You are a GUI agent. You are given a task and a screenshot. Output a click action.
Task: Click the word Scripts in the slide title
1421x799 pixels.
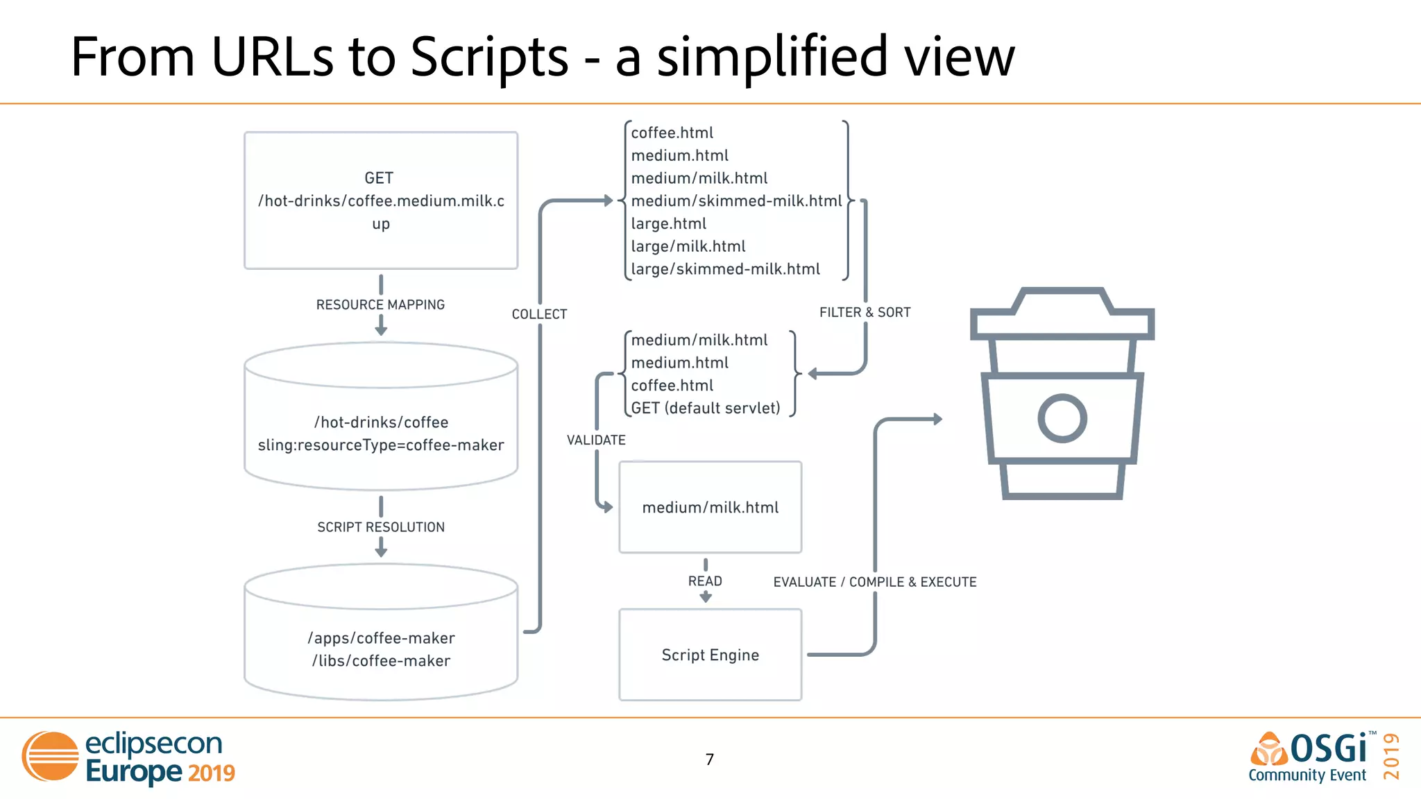coord(489,57)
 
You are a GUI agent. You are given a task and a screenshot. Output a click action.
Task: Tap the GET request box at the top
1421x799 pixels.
coord(381,200)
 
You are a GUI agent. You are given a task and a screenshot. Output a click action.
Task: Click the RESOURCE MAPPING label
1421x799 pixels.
coord(380,304)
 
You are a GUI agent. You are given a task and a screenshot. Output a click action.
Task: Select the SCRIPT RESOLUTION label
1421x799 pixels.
coord(381,527)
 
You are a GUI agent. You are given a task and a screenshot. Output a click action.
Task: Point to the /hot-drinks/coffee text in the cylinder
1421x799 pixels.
coord(381,422)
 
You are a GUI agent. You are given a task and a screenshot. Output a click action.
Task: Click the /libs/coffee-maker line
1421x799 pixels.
coord(381,661)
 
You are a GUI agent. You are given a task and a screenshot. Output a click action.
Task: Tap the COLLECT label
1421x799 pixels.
coord(539,314)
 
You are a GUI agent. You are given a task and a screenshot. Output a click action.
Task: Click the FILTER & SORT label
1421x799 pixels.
coord(865,312)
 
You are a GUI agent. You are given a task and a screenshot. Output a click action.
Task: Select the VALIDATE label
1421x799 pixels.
coord(596,440)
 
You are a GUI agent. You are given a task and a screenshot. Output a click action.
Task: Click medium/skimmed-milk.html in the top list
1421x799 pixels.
coord(736,201)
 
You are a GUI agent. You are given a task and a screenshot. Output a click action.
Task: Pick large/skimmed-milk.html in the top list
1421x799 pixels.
coord(725,269)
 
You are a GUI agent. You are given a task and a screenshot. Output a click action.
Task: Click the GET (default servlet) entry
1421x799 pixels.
coord(706,408)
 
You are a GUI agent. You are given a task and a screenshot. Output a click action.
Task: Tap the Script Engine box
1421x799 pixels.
coord(710,655)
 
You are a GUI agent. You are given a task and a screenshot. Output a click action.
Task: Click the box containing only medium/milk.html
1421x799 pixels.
coord(710,507)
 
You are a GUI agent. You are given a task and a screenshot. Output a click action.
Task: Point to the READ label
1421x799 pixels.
coord(705,581)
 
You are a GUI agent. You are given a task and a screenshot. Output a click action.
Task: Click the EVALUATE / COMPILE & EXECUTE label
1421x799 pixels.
coord(875,582)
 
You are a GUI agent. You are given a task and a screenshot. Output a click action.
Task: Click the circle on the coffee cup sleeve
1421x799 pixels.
coord(1062,418)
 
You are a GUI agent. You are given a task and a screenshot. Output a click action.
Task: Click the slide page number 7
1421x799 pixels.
coord(709,759)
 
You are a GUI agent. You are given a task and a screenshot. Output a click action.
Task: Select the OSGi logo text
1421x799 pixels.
coord(1328,749)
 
